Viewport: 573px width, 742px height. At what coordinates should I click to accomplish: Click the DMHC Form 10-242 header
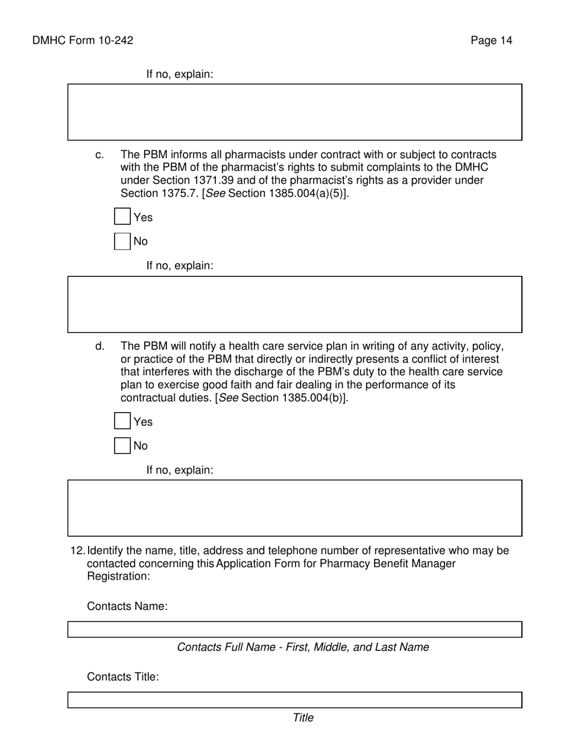point(83,40)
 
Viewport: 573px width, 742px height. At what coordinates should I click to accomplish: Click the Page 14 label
point(492,40)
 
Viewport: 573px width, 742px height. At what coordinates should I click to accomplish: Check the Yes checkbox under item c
point(122,217)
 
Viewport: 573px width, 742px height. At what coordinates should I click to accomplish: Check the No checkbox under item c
point(122,241)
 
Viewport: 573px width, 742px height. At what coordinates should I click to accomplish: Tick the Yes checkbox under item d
point(122,421)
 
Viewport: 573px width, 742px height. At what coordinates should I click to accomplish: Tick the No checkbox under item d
point(122,445)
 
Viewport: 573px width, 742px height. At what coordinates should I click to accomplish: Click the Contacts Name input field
point(294,629)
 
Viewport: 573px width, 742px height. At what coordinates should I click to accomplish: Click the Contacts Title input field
point(294,700)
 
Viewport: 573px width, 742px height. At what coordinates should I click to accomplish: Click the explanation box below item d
point(294,508)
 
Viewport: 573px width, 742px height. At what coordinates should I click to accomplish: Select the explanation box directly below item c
point(294,304)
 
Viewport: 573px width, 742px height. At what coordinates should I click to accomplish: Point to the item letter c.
point(100,155)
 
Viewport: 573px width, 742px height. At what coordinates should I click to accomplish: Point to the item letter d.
point(100,346)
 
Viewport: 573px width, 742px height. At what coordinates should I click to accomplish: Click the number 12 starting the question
point(77,551)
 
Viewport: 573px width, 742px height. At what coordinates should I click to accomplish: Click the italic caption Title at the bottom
point(303,717)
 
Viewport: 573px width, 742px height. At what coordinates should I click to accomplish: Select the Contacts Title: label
point(123,677)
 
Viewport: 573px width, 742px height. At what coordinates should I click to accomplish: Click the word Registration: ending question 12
point(118,576)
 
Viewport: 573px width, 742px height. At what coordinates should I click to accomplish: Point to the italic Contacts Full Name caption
point(303,647)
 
